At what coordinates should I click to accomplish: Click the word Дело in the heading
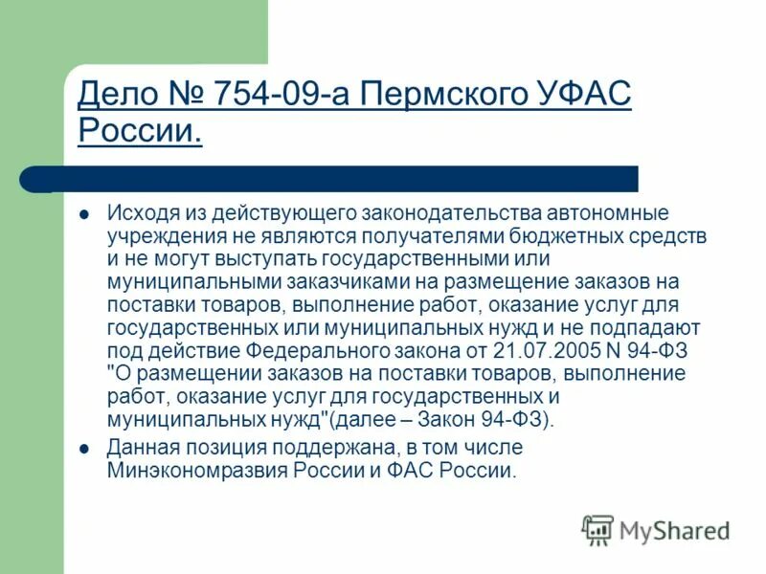(113, 96)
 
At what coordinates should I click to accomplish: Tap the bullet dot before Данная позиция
(83, 447)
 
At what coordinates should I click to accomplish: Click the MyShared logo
(656, 529)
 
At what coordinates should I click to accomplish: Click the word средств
(670, 235)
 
